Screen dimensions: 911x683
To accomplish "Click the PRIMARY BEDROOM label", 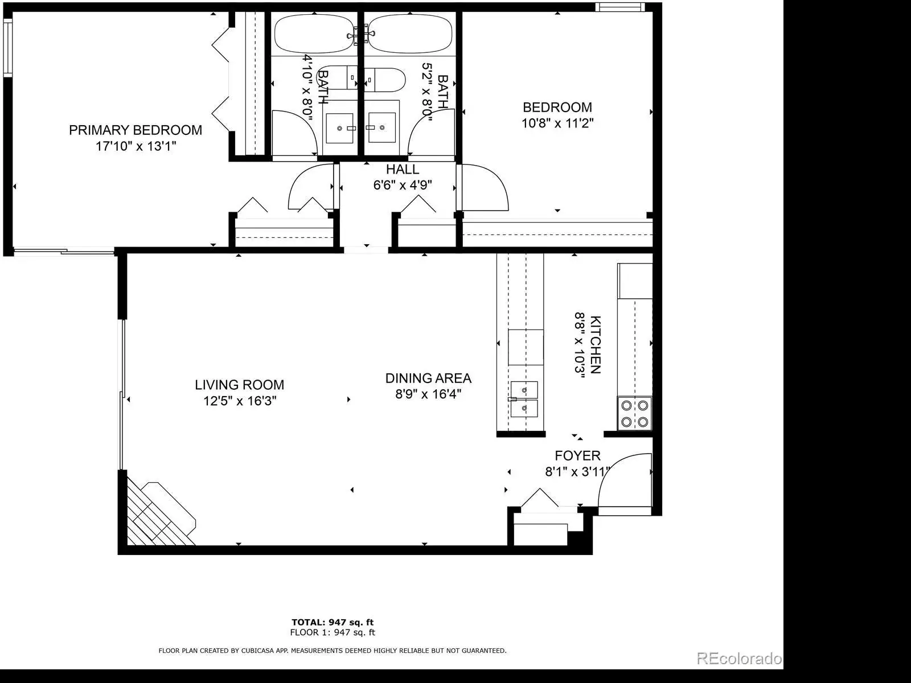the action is coord(136,130).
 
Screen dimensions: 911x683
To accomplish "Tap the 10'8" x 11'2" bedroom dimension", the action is coord(557,123).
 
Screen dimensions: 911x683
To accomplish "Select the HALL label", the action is coord(403,169).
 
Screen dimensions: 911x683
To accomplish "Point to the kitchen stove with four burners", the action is coord(635,413).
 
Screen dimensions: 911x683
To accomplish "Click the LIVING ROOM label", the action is coord(240,385).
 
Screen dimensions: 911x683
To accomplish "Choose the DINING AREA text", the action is coord(428,378).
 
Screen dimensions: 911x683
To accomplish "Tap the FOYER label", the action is coord(578,456).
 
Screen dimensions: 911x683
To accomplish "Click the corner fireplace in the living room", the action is coord(160,514).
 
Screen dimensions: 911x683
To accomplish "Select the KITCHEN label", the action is coord(595,344).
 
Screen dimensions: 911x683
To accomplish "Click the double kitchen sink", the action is coord(524,400).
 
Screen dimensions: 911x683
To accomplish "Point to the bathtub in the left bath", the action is coord(314,34).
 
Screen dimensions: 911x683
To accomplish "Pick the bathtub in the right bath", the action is coord(409,34).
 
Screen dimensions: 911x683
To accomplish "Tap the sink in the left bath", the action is coord(339,128).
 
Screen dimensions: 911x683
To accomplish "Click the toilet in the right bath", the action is coord(385,80).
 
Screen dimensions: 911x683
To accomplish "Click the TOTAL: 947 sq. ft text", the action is coord(333,622).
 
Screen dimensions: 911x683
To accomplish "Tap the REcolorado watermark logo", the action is coord(739,659).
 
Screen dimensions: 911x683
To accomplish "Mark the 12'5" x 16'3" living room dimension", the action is coord(240,401).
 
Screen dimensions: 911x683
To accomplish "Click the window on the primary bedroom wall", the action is coord(8,47).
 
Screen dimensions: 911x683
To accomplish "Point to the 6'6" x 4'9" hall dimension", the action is coord(403,185).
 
